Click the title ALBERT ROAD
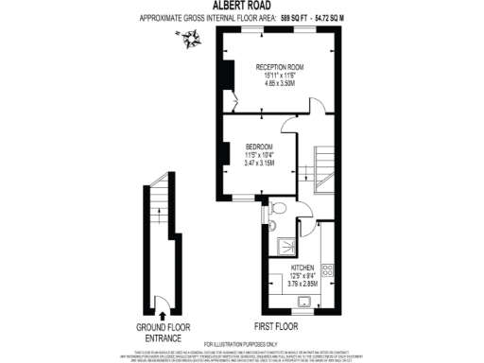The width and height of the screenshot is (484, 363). pos(242,6)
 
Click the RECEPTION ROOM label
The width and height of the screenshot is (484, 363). pos(280,66)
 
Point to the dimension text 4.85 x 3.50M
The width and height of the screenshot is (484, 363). pos(280,83)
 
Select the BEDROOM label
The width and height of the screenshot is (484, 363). pos(259,147)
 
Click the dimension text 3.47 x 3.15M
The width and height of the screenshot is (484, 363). pos(259,164)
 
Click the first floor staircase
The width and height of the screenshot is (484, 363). pos(324,170)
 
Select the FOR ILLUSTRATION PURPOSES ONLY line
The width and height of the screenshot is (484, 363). pos(242,342)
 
